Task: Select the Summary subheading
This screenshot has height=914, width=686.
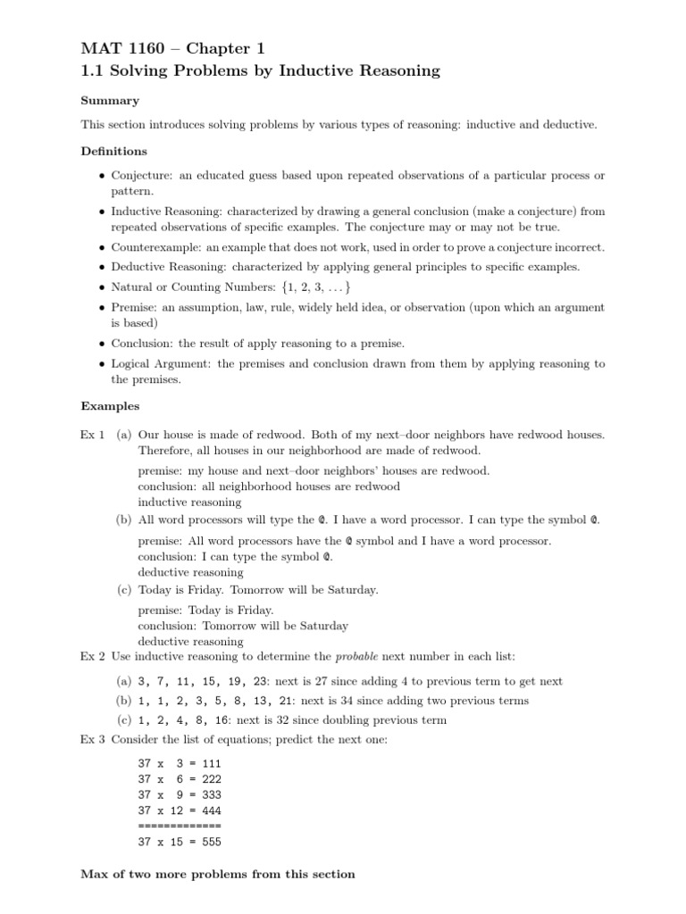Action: pyautogui.click(x=110, y=101)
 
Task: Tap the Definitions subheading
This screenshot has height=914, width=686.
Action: pyautogui.click(x=114, y=151)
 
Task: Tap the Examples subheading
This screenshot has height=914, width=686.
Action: pyautogui.click(x=110, y=406)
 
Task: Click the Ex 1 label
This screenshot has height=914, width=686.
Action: pyautogui.click(x=93, y=435)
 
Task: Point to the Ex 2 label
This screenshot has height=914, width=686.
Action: pyautogui.click(x=93, y=656)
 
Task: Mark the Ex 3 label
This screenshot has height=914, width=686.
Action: pyautogui.click(x=93, y=740)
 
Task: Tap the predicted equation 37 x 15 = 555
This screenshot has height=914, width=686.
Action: pyautogui.click(x=180, y=842)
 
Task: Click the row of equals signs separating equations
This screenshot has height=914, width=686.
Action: pyautogui.click(x=180, y=826)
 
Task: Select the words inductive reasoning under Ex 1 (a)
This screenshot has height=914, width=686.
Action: pyautogui.click(x=189, y=502)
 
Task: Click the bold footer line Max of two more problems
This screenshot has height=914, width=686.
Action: pyautogui.click(x=218, y=874)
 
